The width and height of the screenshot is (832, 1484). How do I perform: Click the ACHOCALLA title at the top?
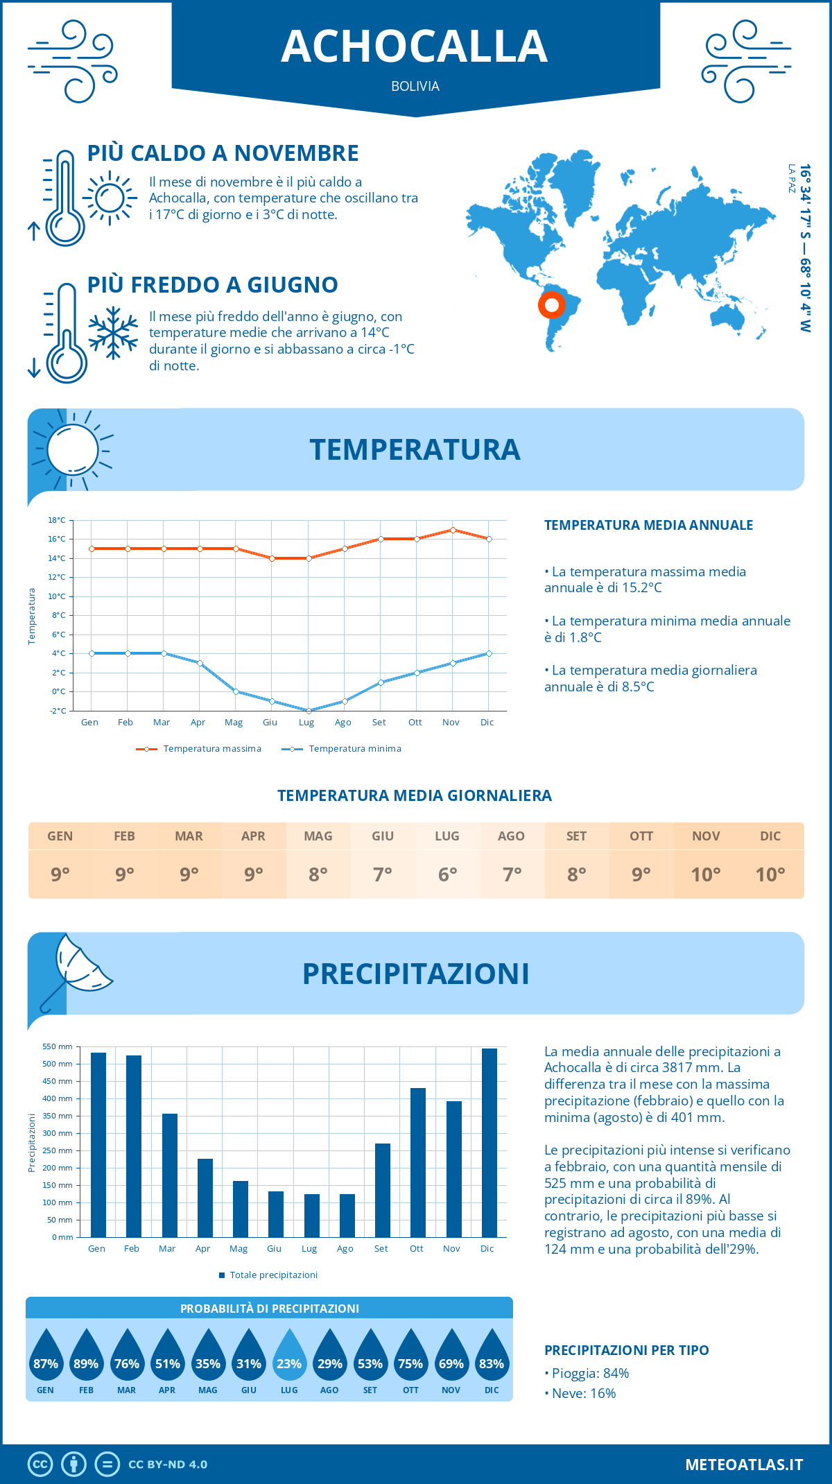[415, 46]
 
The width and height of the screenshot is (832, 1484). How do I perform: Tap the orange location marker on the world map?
[552, 304]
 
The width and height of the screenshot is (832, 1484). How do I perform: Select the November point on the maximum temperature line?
[453, 530]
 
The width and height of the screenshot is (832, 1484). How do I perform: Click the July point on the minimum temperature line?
[309, 711]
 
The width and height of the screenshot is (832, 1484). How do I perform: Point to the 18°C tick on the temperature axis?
[57, 520]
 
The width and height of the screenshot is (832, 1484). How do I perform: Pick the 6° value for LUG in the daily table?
[447, 874]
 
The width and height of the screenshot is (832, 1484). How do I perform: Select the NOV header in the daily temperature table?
[705, 836]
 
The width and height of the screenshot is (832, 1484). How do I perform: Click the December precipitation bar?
[489, 1142]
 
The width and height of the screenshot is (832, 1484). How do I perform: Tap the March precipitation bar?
[169, 1175]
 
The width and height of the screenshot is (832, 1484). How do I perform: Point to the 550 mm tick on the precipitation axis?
[58, 1047]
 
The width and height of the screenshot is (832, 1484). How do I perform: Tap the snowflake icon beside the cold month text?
[113, 333]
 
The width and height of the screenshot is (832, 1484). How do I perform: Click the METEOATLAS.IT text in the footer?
[743, 1465]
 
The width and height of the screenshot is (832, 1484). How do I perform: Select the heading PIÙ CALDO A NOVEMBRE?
[223, 153]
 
